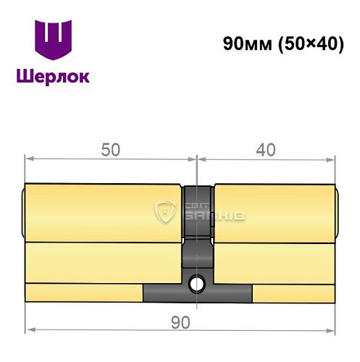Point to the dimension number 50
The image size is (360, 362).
[x=110, y=148]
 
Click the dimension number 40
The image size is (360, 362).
[x=267, y=148]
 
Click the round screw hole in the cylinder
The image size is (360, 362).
[x=197, y=283]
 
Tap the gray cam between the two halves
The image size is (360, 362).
[x=197, y=210]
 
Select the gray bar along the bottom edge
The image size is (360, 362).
[x=197, y=293]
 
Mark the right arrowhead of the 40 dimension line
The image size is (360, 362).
[x=335, y=159]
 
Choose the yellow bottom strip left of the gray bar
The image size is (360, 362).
[x=83, y=292]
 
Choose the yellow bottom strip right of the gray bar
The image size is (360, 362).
[x=293, y=292]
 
